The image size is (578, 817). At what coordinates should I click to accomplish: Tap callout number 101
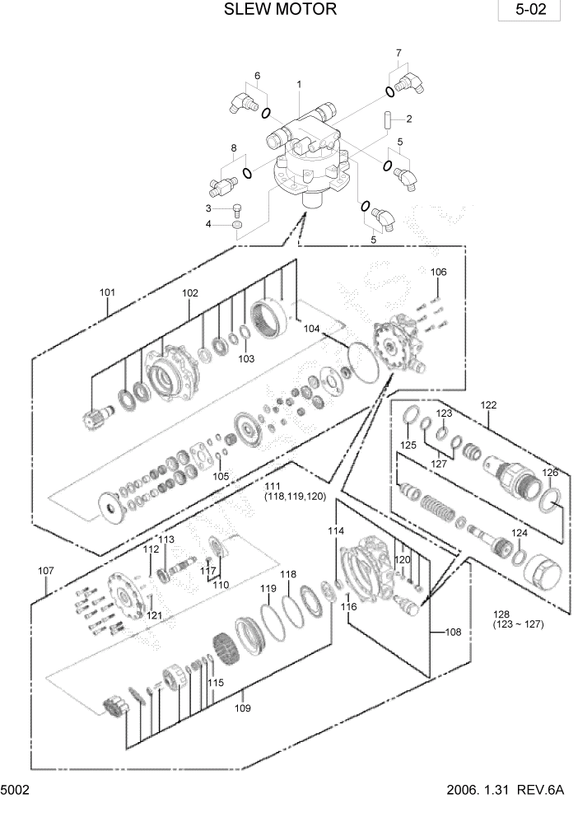(107, 292)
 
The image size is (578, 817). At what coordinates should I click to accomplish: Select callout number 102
(190, 292)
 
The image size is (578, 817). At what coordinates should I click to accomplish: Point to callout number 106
(438, 272)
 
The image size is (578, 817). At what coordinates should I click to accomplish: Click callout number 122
(489, 404)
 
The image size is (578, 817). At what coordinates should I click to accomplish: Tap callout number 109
(242, 707)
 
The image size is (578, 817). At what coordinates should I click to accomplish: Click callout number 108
(453, 633)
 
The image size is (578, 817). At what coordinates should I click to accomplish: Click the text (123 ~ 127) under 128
(514, 625)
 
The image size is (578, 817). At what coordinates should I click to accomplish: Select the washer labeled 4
(238, 224)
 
